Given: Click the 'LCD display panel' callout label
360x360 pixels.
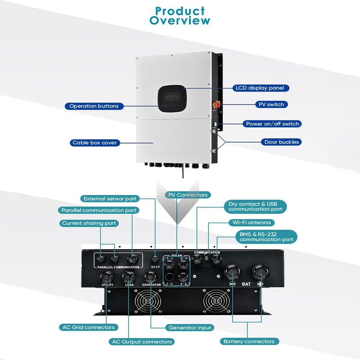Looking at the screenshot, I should point(260,88).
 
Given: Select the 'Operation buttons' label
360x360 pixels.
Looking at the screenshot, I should point(94,106).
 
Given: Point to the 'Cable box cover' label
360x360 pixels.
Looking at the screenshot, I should point(95,143).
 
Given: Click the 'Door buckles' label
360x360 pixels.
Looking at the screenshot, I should point(282,142).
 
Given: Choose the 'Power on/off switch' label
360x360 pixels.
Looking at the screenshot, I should point(273,124).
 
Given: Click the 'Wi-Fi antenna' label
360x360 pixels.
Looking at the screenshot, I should point(251,222).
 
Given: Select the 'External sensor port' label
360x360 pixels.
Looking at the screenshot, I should point(110,198).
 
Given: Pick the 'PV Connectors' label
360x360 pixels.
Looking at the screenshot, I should point(188,195).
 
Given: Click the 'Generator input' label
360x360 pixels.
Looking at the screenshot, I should point(190,328).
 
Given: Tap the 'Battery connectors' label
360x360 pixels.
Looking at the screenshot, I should point(249,341).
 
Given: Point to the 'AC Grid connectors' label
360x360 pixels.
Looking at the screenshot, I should point(89,327).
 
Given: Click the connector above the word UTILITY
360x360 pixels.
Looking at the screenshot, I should point(107,276).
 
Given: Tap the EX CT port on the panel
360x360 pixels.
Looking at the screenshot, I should point(155,259).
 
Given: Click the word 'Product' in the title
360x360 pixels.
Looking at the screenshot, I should point(180,11).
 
